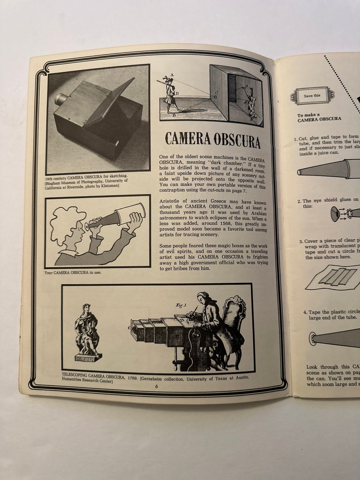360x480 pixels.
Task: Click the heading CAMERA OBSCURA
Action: (213, 139)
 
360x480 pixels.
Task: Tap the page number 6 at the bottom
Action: (156, 386)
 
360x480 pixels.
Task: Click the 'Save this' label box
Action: (312, 96)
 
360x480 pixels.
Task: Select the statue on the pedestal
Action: (88, 331)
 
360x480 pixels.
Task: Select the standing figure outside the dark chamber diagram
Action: (170, 95)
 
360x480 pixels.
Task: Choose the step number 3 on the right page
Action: (300, 242)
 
